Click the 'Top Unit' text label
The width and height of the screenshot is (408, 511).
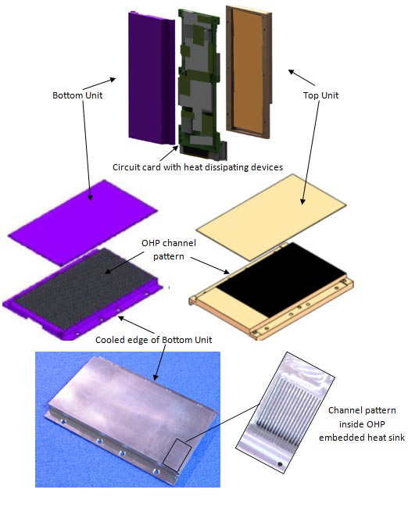[x=320, y=95]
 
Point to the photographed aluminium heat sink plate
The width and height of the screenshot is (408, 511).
[x=125, y=414]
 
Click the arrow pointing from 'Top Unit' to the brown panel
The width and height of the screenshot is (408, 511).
[x=300, y=77]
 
